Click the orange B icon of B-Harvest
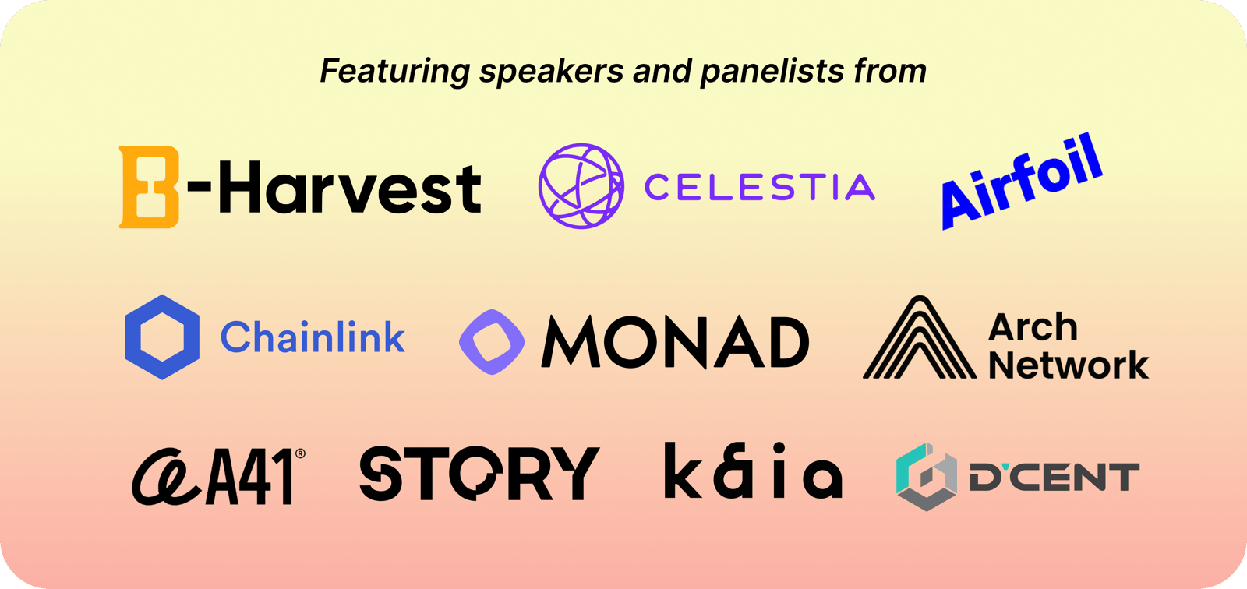pos(149,187)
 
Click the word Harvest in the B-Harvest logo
pos(350,187)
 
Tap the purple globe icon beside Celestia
pos(581,186)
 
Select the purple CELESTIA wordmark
pos(759,186)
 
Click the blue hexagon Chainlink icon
pos(162,337)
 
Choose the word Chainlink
pos(313,337)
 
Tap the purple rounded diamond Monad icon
pos(492,342)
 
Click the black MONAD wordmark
pos(675,342)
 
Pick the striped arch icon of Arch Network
pos(920,337)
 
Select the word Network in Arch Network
pos(1069,365)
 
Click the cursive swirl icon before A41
pos(166,478)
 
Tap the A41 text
pos(249,477)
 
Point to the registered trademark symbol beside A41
pos(300,453)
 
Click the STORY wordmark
pos(479,473)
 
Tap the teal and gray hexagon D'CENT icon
pos(927,477)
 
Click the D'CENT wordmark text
pos(1054,477)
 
